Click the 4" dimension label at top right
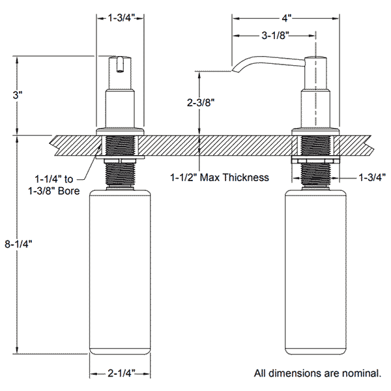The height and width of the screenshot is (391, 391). [x=286, y=18]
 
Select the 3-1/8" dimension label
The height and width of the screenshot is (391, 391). [x=275, y=36]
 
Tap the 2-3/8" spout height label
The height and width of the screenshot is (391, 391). [x=201, y=102]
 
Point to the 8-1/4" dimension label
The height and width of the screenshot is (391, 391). [x=18, y=244]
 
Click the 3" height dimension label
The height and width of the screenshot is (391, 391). [x=18, y=95]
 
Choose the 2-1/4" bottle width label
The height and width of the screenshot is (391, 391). [x=121, y=373]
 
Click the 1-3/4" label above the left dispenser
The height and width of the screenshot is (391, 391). [x=121, y=18]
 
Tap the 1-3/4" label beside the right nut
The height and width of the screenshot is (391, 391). [x=372, y=177]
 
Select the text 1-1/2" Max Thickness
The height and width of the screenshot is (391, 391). [x=220, y=177]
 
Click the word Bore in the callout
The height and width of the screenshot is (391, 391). [x=69, y=191]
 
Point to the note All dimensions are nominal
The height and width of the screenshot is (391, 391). [x=317, y=373]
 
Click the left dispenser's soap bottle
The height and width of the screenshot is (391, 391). [x=120, y=272]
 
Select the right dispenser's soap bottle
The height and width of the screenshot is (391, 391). [x=315, y=272]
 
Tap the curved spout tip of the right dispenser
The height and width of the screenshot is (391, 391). [x=235, y=70]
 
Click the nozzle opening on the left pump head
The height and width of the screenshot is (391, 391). [x=120, y=71]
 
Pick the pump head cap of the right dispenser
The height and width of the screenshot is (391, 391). [x=315, y=73]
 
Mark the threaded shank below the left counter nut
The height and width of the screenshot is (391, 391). [x=120, y=174]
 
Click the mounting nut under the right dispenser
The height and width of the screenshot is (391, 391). [x=315, y=160]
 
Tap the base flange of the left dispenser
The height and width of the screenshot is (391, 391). [x=120, y=132]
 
